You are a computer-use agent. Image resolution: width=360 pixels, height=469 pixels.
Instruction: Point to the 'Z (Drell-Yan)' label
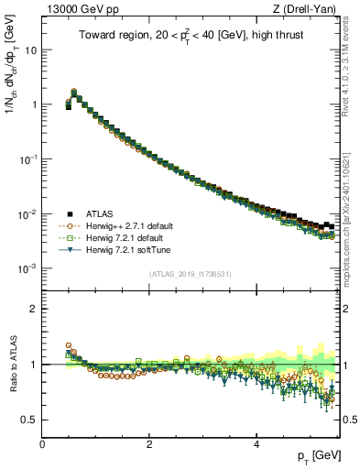tap(309, 9)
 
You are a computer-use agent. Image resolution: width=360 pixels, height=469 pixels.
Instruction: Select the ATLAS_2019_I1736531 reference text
tap(191, 274)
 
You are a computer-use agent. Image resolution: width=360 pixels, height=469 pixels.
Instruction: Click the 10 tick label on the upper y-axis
tap(30, 49)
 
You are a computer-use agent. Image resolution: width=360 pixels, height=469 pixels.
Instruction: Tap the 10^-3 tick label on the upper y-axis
tap(27, 268)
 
